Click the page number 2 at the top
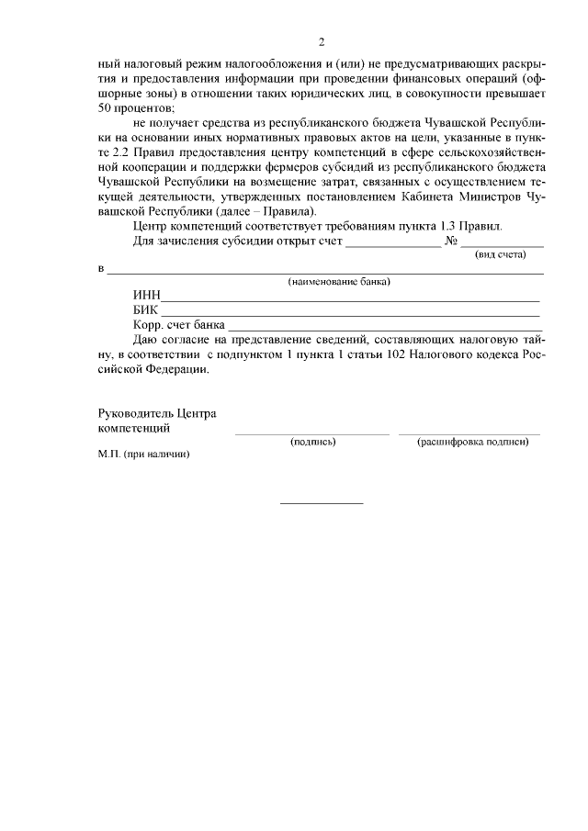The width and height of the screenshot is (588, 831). pos(321,42)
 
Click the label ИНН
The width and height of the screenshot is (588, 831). pos(146,295)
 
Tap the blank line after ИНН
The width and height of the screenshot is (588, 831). pos(350,300)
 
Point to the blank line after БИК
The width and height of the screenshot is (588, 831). pos(350,316)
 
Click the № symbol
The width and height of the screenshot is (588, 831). pos(451,241)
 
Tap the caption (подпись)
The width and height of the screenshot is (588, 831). pos(313,442)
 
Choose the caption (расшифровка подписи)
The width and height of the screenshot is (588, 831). pos(472,442)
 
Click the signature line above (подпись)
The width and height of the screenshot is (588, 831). pos(311,433)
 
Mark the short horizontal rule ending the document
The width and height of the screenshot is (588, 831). pos(321,502)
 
